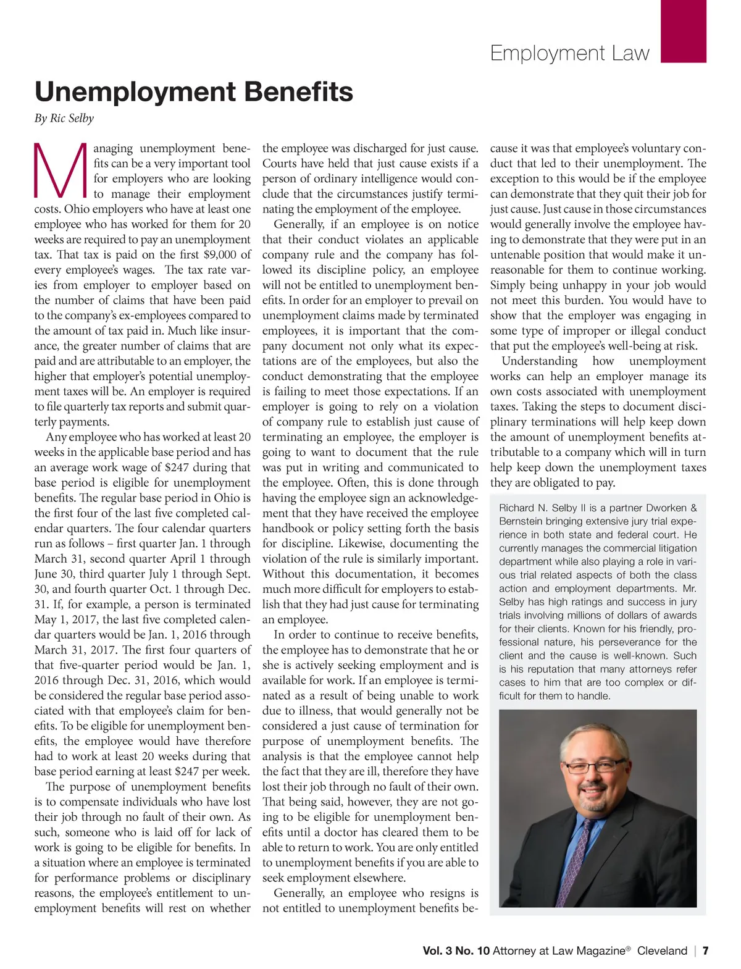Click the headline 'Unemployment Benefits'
194,92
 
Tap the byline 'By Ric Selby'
64,118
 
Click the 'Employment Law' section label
569,53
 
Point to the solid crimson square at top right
683,31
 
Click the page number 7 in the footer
705,950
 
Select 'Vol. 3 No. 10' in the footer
456,950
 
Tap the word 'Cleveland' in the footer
662,950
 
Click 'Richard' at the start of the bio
516,508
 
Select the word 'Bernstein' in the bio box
521,521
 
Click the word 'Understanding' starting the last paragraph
539,361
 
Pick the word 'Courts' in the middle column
279,164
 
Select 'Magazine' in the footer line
601,950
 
